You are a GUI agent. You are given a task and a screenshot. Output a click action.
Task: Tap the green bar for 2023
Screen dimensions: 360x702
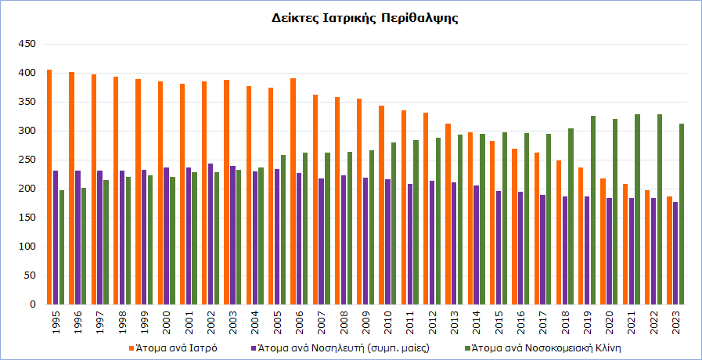[x=682, y=214]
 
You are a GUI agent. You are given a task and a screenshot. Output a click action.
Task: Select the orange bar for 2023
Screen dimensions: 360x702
[x=669, y=250]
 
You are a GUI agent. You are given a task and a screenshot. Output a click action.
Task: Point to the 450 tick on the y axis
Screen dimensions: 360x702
[x=27, y=45]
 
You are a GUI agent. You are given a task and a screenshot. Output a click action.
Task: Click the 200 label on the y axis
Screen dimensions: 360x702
[x=27, y=189]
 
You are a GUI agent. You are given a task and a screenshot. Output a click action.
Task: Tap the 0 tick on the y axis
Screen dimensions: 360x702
[x=33, y=304]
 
